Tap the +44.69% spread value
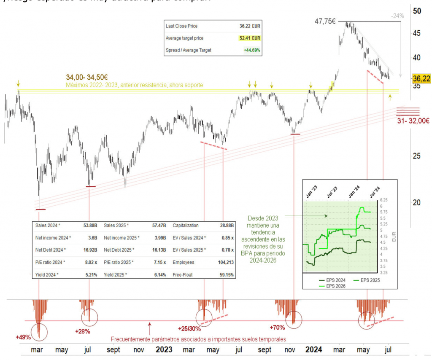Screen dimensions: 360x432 pos(251,50)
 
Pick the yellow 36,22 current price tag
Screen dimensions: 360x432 pos(421,78)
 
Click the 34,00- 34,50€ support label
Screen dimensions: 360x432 pos(87,77)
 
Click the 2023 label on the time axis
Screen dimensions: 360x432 pos(164,349)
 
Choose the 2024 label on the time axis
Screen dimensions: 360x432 pos(314,349)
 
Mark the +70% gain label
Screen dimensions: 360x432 pos(277,327)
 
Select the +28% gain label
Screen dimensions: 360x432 pos(82,331)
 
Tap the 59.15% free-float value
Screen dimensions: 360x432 pos(226,274)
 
